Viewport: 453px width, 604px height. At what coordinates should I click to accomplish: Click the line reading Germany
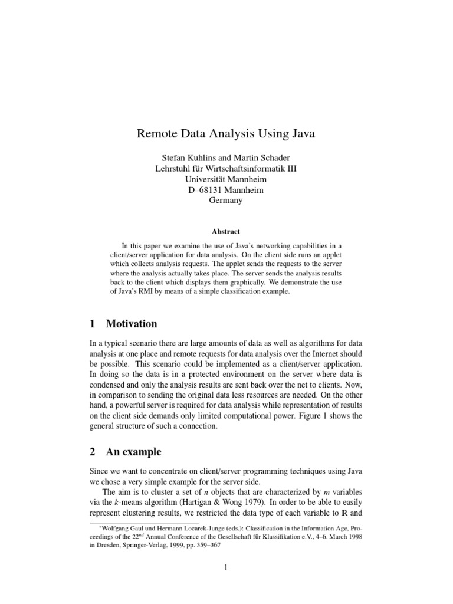[226, 201]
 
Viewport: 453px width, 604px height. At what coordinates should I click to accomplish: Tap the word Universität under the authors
[207, 179]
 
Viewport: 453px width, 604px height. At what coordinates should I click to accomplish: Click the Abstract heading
[226, 232]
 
